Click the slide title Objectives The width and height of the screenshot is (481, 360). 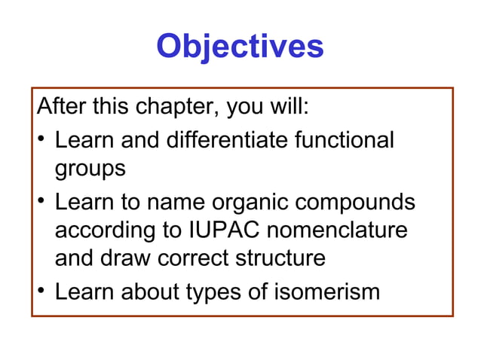240,47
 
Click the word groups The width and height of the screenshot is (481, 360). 90,169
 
